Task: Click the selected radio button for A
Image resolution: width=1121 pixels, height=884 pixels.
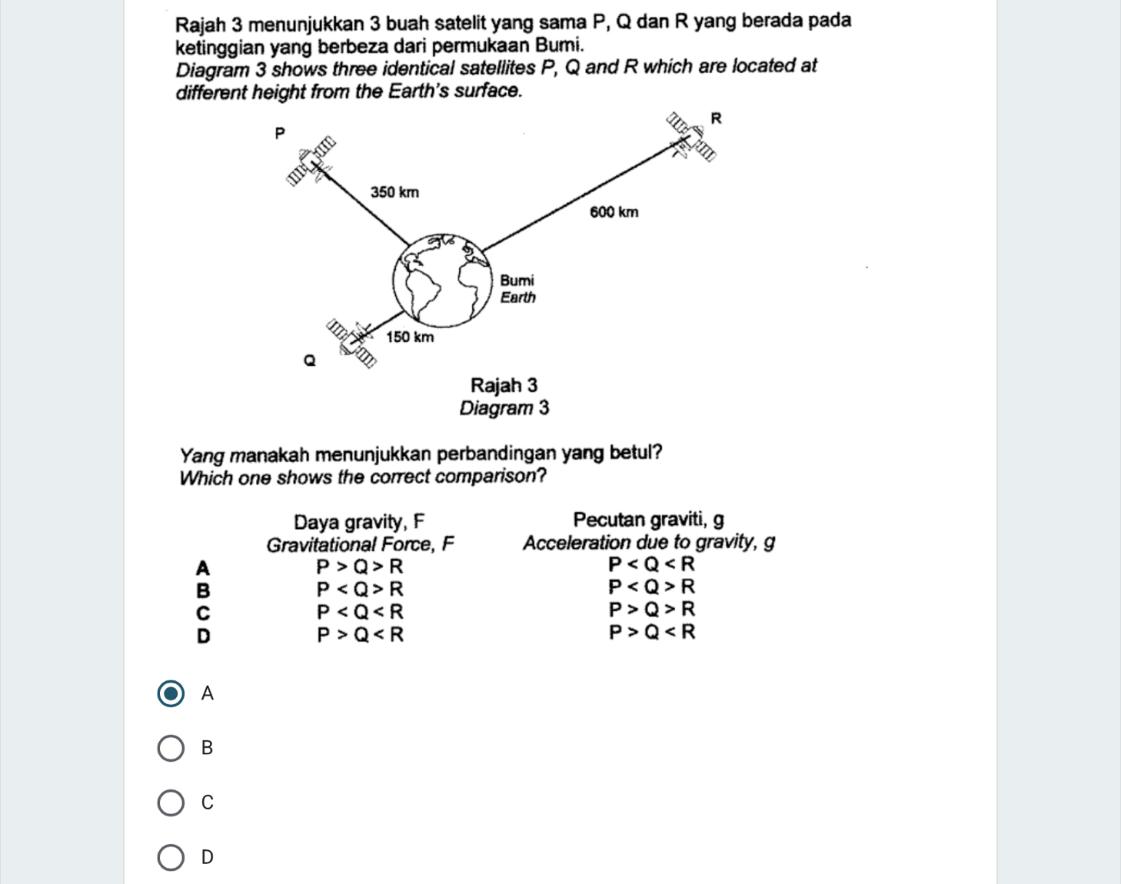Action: (x=171, y=693)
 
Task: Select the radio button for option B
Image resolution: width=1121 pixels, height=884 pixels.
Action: (x=171, y=748)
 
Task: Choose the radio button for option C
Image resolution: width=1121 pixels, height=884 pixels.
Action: (x=171, y=803)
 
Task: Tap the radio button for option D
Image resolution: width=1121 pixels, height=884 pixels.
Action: (x=171, y=857)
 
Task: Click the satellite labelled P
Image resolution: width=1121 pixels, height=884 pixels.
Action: (x=312, y=162)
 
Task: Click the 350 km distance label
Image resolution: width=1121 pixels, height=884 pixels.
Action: (x=394, y=192)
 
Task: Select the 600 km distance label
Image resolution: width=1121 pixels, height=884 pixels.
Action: (x=614, y=212)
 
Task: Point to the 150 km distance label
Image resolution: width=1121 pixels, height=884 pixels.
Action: (x=410, y=337)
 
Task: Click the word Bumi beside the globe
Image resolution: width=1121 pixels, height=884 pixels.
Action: (x=517, y=281)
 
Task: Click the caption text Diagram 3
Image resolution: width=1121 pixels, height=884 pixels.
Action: (x=504, y=408)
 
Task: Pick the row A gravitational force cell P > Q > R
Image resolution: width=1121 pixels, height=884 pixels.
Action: (x=360, y=567)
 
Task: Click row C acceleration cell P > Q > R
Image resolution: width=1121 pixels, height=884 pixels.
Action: (x=652, y=610)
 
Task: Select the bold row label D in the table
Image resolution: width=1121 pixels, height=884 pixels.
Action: (x=203, y=636)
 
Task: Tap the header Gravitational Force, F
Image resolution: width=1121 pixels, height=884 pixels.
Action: (x=360, y=545)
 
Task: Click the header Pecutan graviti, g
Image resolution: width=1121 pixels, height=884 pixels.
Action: (x=648, y=520)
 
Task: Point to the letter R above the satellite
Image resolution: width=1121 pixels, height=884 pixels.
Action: (x=716, y=118)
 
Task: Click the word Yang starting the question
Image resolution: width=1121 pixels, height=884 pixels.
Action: (x=202, y=454)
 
